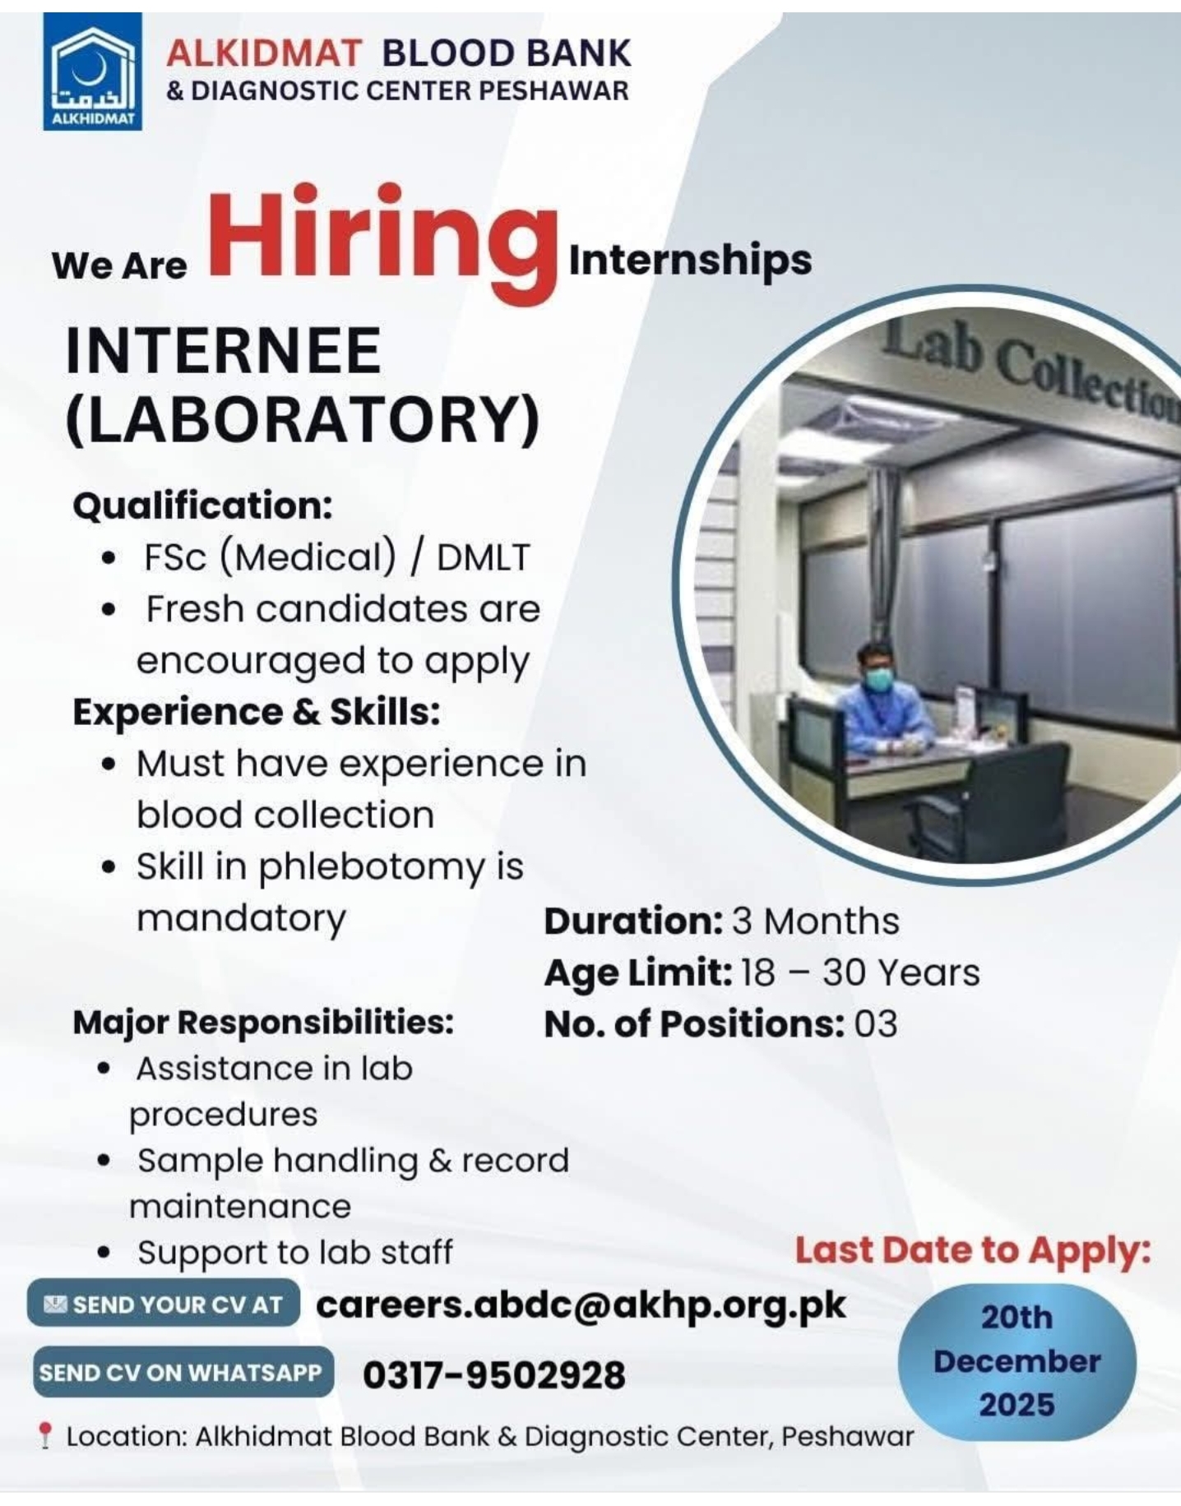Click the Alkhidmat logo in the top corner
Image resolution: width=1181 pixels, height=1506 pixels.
[x=93, y=72]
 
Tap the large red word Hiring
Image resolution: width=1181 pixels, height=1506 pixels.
[x=383, y=242]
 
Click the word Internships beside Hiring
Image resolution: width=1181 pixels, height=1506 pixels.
[x=690, y=261]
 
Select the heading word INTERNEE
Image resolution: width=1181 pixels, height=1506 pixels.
[x=223, y=351]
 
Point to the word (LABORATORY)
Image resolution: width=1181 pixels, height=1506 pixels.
[x=303, y=420]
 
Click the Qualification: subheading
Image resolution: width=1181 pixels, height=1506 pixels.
[x=203, y=505]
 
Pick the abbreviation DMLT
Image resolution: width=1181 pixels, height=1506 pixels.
[x=484, y=557]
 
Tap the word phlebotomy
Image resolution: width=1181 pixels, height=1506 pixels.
[x=372, y=868]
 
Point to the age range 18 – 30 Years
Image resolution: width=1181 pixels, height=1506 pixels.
[x=860, y=972]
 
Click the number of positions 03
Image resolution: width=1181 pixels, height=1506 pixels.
[x=876, y=1023]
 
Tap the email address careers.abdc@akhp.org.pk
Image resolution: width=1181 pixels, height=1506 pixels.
[x=581, y=1305]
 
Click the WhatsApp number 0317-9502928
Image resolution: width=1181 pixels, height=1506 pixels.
[x=493, y=1374]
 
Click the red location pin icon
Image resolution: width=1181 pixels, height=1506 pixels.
[x=46, y=1436]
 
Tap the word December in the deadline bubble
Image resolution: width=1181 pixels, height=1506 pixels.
[x=1017, y=1361]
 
